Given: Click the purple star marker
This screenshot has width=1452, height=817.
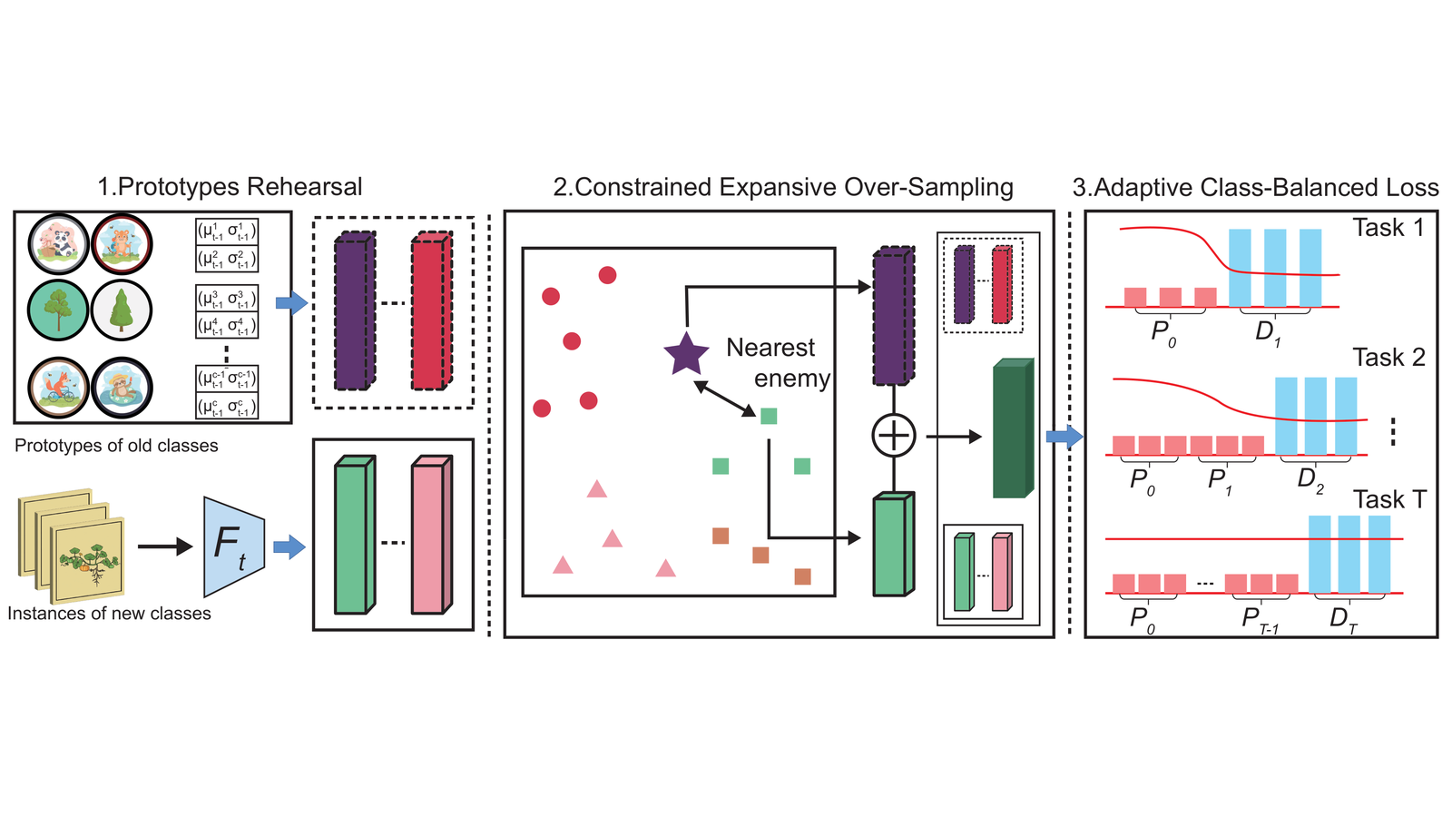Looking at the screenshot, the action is point(686,354).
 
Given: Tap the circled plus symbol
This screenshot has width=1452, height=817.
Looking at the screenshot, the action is point(894,436).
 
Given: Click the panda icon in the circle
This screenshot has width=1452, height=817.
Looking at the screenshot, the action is point(58,244).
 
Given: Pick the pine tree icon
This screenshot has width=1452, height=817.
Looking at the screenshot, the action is point(122,310).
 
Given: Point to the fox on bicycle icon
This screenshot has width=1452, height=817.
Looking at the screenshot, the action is point(58,388).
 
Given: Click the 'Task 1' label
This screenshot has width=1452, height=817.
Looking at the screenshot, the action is point(1388,228).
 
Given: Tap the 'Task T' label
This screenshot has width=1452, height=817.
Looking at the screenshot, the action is point(1389,499).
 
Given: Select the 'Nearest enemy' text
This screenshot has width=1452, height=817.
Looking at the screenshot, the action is point(778,363).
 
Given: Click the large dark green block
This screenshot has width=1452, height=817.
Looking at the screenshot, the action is point(1013,428).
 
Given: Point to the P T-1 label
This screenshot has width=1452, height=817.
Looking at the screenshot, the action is point(1260,619).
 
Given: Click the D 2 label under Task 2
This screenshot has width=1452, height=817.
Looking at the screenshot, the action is point(1310,480).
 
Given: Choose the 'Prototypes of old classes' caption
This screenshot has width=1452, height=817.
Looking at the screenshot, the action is point(116,446).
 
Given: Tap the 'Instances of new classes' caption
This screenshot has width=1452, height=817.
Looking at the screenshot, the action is point(109,614).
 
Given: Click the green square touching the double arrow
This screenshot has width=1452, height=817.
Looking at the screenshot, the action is point(768,416).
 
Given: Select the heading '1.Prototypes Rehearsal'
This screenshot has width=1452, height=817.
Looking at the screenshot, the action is point(230,187).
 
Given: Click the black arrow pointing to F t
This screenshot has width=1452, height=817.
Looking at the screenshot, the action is point(165,546).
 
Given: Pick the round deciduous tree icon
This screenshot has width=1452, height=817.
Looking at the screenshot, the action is point(58,310).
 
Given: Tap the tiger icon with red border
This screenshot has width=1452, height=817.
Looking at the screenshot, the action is point(122,244).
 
